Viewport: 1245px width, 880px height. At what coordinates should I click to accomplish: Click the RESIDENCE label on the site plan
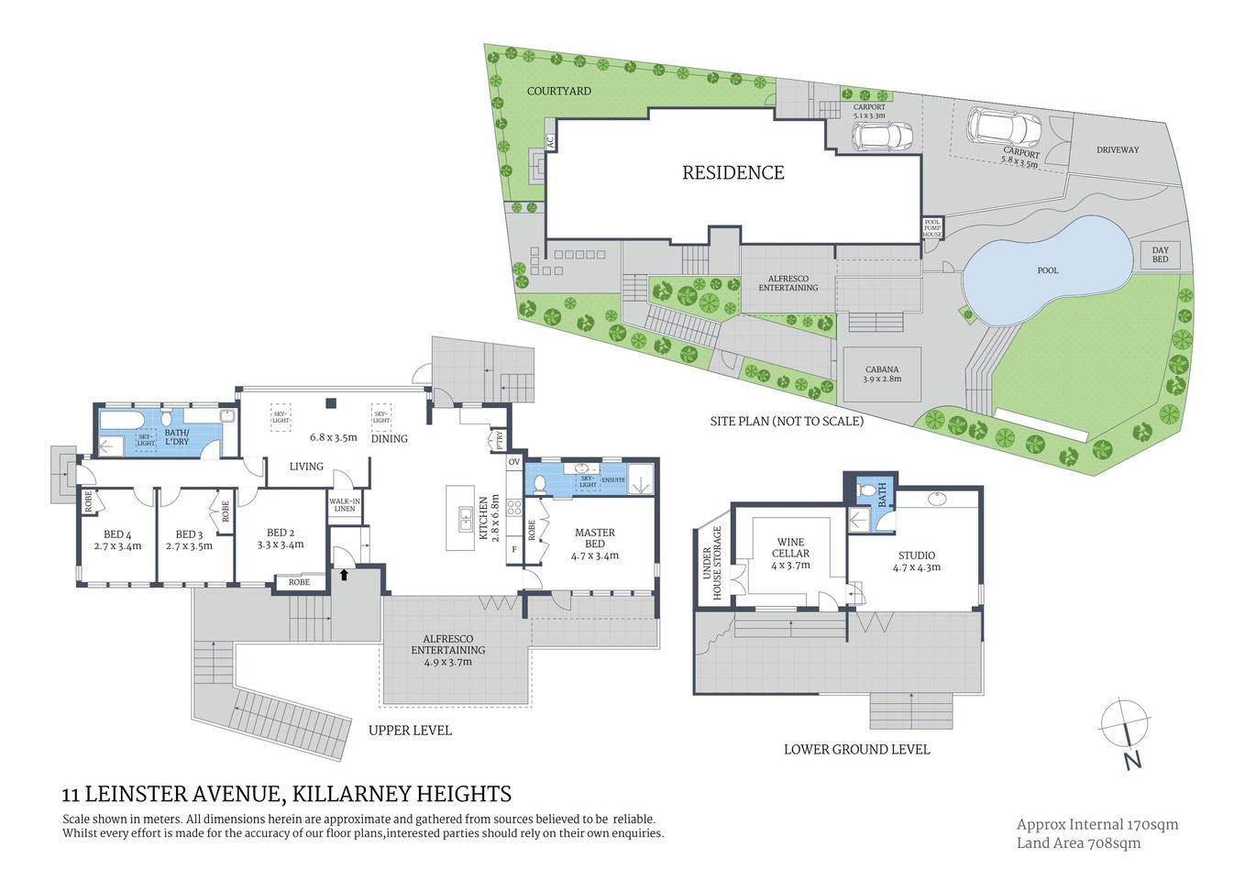pyautogui.click(x=733, y=172)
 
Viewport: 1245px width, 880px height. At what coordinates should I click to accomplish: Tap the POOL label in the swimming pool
pyautogui.click(x=1047, y=270)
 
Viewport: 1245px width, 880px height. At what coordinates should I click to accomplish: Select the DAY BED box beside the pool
pyautogui.click(x=1160, y=255)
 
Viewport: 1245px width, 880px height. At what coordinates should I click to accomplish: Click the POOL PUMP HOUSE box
pyautogui.click(x=931, y=228)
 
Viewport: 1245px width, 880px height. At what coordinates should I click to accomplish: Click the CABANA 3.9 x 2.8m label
pyautogui.click(x=882, y=374)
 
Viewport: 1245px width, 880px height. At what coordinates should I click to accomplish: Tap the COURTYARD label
pyautogui.click(x=558, y=91)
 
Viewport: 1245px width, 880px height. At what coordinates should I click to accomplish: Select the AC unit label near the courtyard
pyautogui.click(x=550, y=143)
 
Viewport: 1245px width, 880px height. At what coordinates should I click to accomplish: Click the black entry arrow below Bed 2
pyautogui.click(x=345, y=575)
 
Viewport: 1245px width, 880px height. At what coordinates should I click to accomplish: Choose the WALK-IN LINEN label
pyautogui.click(x=344, y=505)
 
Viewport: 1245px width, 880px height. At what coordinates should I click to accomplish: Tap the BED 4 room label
pyautogui.click(x=117, y=540)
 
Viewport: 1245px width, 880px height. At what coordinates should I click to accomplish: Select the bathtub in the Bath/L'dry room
pyautogui.click(x=119, y=423)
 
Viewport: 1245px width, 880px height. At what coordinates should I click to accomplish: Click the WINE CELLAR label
pyautogui.click(x=790, y=547)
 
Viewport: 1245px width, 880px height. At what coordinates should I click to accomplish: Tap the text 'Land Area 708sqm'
pyautogui.click(x=1078, y=843)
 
